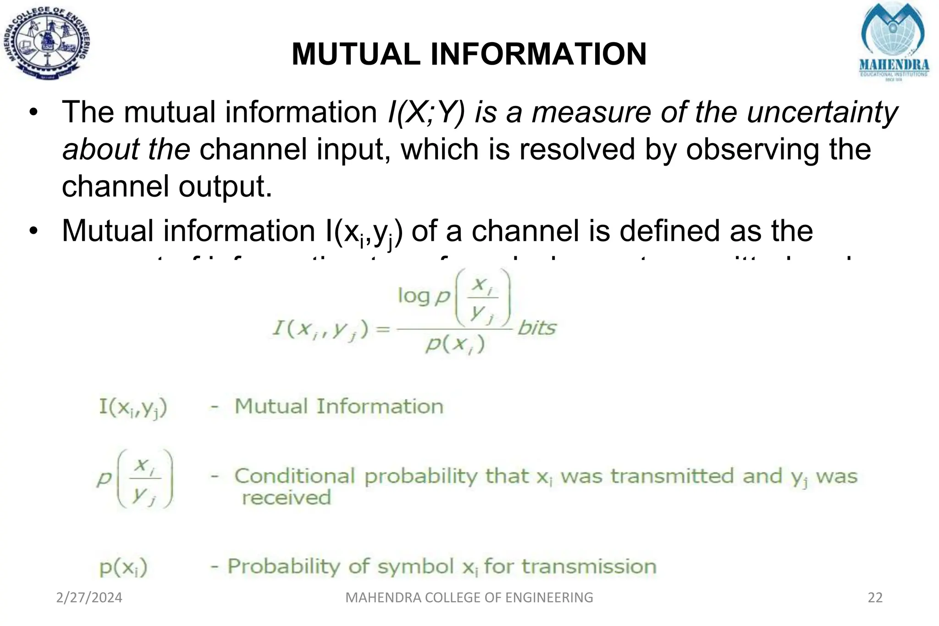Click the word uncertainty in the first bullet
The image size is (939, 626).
pos(822,112)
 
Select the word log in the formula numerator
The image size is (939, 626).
pos(414,296)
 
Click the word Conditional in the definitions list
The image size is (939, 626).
pos(295,476)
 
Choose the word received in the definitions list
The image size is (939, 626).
pos(286,498)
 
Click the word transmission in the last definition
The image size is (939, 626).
pos(589,567)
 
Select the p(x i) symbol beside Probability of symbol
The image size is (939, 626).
pos(123,568)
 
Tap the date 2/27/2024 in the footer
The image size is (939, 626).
pos(89,598)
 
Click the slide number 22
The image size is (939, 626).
pos(875,598)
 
